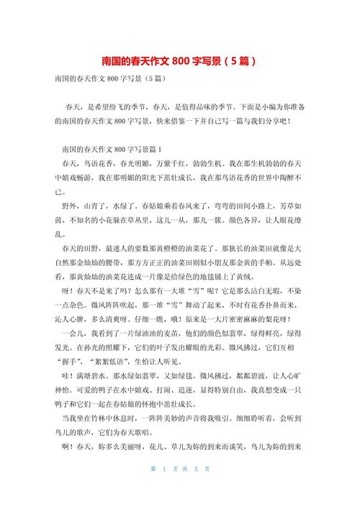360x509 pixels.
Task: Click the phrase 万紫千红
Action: point(166,163)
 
